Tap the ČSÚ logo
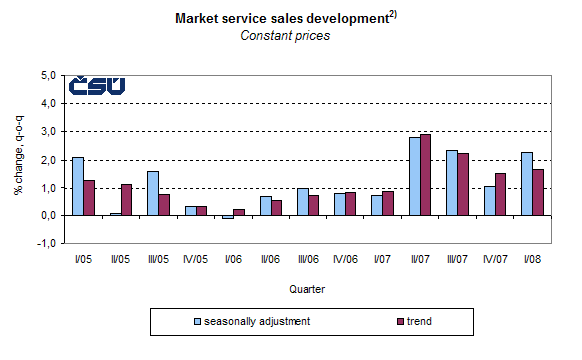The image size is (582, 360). tap(97, 86)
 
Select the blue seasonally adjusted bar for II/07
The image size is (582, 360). tap(414, 176)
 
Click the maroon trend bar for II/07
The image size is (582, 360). tap(426, 174)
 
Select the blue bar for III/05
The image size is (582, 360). tap(152, 193)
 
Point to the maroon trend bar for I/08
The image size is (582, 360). tap(537, 192)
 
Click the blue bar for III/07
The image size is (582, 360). tap(452, 182)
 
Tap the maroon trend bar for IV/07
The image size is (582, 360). tap(500, 194)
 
